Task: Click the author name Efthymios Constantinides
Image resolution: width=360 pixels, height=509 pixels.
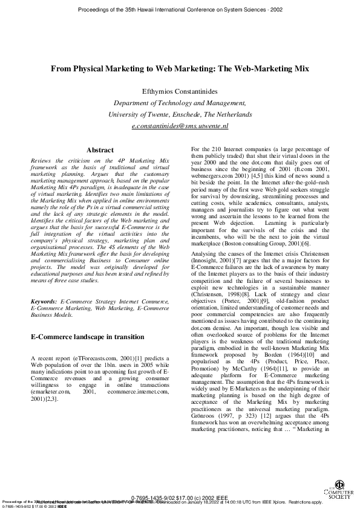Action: click(180, 91)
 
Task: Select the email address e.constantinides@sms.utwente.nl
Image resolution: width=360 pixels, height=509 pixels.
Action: click(180, 126)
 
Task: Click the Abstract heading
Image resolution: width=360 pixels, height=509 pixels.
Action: click(100, 149)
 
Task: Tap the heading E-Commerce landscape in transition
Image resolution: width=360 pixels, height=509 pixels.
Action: click(87, 337)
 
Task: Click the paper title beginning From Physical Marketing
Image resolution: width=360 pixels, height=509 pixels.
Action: click(180, 70)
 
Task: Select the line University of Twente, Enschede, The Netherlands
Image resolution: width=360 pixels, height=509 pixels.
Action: click(180, 114)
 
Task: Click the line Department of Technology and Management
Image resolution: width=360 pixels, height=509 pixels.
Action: click(180, 103)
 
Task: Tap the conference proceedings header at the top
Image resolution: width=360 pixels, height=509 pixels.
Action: click(180, 10)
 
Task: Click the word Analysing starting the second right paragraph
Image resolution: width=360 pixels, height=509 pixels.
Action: click(205, 241)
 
